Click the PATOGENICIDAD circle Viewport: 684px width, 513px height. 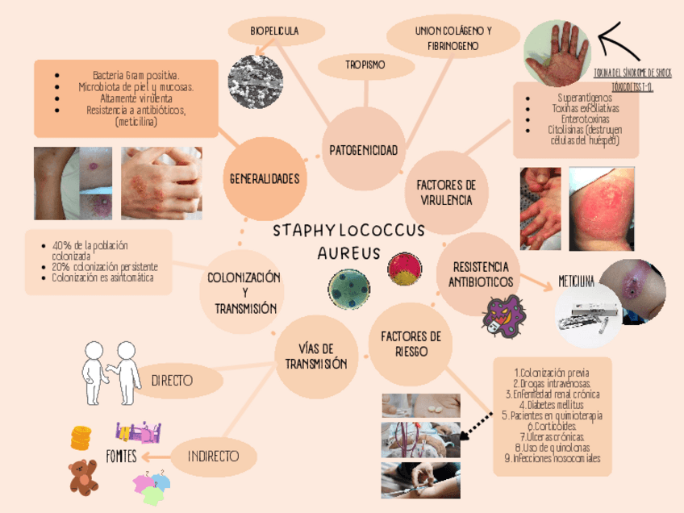pyautogui.click(x=363, y=151)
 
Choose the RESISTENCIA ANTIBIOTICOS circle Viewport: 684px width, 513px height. pyautogui.click(x=482, y=274)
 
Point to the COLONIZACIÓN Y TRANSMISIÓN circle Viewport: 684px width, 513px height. pyautogui.click(x=243, y=293)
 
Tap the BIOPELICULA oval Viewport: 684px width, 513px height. pyautogui.click(x=274, y=31)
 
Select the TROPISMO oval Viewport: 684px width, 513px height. pyautogui.click(x=365, y=64)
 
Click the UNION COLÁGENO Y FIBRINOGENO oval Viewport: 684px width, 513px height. pyautogui.click(x=453, y=38)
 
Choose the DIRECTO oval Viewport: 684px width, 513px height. pyautogui.click(x=172, y=378)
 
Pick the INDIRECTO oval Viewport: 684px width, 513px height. pyautogui.click(x=213, y=457)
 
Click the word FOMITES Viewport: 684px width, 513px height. pyautogui.click(x=121, y=457)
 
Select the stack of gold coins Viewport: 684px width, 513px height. pyautogui.click(x=80, y=437)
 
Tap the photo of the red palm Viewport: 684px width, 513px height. pyautogui.click(x=557, y=53)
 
